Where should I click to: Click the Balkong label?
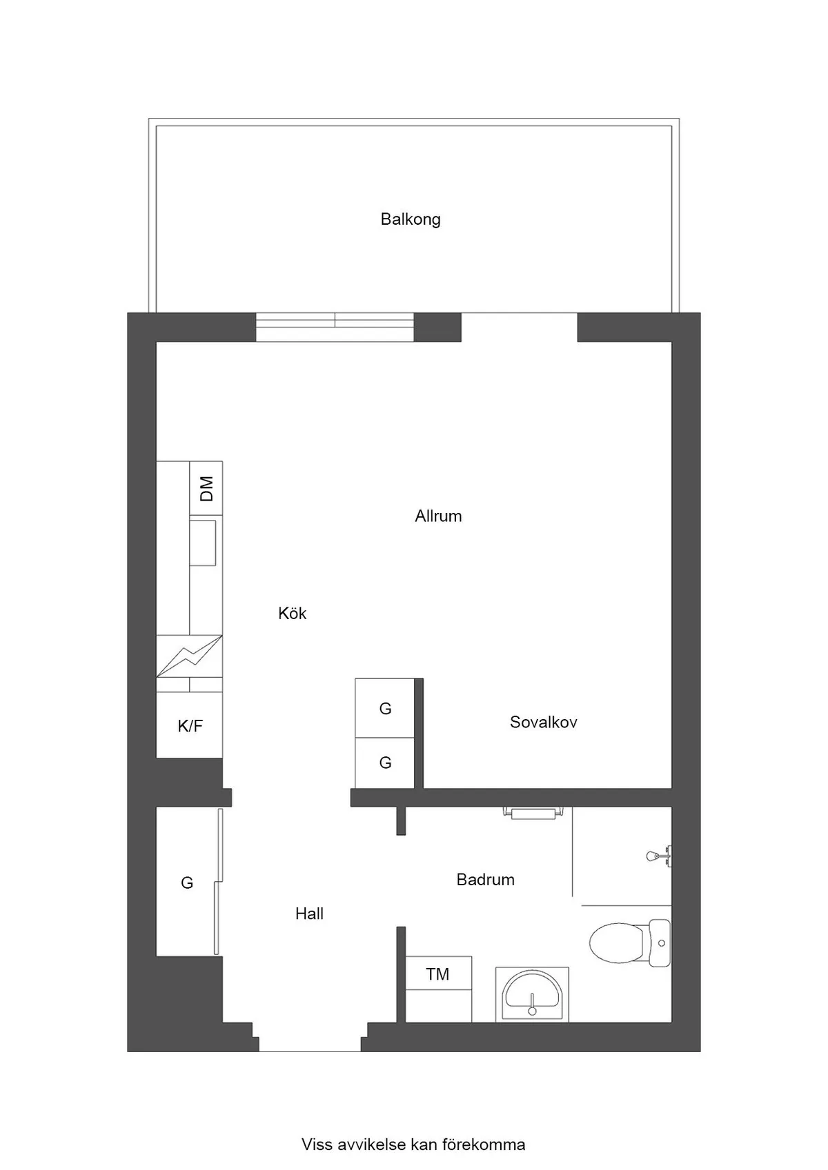pyautogui.click(x=411, y=219)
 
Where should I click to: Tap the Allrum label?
pyautogui.click(x=438, y=516)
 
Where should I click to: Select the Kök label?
pyautogui.click(x=292, y=613)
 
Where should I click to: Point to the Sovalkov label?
pyautogui.click(x=543, y=722)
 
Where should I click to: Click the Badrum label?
pyautogui.click(x=485, y=879)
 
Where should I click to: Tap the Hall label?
pyautogui.click(x=309, y=914)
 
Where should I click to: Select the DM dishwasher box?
pyautogui.click(x=206, y=488)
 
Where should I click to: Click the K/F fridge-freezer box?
pyautogui.click(x=190, y=725)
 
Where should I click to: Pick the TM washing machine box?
pyautogui.click(x=437, y=974)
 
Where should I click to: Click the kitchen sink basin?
pyautogui.click(x=203, y=543)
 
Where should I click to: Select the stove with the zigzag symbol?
pyautogui.click(x=189, y=656)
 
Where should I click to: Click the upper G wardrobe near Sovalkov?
pyautogui.click(x=385, y=708)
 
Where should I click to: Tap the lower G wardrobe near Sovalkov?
pyautogui.click(x=385, y=763)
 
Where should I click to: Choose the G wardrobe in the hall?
pyautogui.click(x=186, y=882)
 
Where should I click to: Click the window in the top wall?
pyautogui.click(x=335, y=327)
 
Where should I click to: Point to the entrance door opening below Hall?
pyautogui.click(x=310, y=1044)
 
